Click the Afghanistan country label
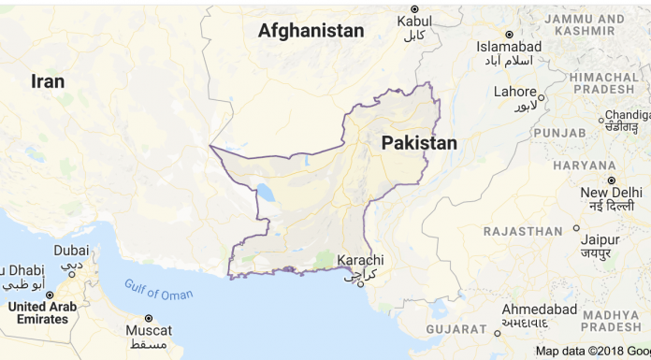311,31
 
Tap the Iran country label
48,81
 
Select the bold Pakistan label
419,143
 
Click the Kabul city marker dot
415,8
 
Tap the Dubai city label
71,251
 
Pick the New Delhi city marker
611,180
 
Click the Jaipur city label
599,238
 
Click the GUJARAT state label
456,329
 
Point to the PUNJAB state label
559,133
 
